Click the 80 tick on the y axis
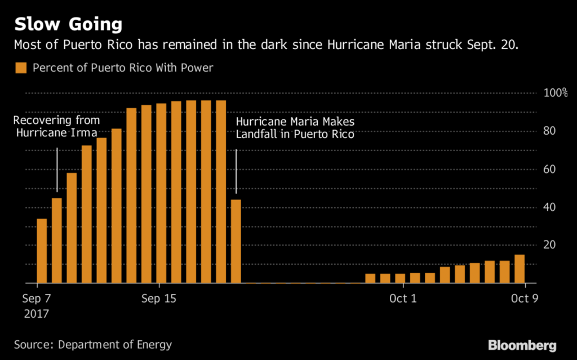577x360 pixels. (x=549, y=131)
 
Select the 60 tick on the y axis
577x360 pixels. (x=549, y=169)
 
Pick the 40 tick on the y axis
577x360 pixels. (x=549, y=207)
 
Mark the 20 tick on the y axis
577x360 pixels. (x=549, y=245)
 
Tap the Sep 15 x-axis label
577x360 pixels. (x=158, y=298)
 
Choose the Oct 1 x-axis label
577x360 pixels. (x=402, y=298)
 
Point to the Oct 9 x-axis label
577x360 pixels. (x=524, y=298)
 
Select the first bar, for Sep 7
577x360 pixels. (x=42, y=251)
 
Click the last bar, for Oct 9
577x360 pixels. (x=520, y=269)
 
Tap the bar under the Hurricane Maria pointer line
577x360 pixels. (x=236, y=241)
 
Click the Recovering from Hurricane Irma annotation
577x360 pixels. (x=56, y=127)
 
